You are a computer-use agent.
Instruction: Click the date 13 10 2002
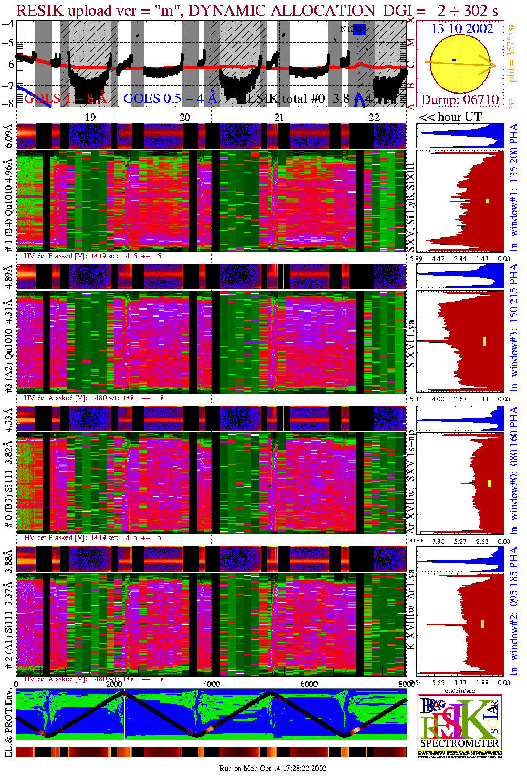coord(462,28)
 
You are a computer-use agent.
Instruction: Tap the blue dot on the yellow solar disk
coord(454,60)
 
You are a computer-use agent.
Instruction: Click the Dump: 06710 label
coord(460,99)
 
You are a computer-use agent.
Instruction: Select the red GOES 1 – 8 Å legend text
coord(65,98)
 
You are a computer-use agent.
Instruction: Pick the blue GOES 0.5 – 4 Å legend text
coord(170,98)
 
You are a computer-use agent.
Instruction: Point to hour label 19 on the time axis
coord(90,117)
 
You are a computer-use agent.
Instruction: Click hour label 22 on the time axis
coord(374,117)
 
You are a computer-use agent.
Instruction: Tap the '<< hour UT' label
coord(450,117)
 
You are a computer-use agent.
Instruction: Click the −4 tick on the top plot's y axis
coord(8,24)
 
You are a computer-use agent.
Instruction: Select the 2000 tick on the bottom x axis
coord(114,684)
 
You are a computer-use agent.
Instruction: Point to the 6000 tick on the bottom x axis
coord(309,684)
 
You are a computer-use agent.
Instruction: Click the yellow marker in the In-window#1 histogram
coord(487,201)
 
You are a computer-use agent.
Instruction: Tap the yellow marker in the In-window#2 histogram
coord(482,625)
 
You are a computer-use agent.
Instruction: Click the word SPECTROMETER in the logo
coord(459,743)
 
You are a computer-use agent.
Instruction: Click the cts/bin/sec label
coord(460,691)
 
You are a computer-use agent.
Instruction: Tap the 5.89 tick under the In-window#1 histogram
coord(416,258)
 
